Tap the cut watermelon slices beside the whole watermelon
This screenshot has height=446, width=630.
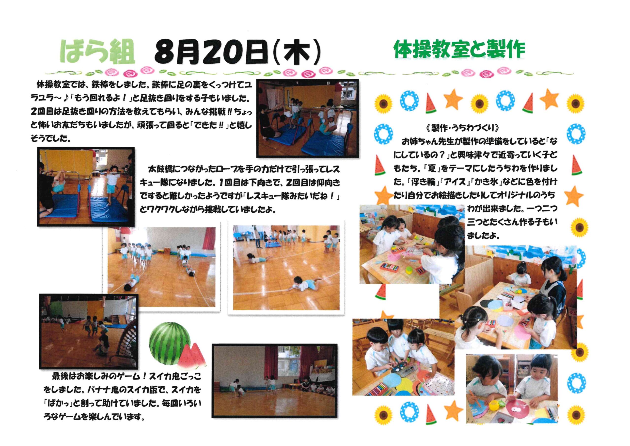pyautogui.click(x=192, y=356)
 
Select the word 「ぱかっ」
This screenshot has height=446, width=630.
pyautogui.click(x=58, y=403)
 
